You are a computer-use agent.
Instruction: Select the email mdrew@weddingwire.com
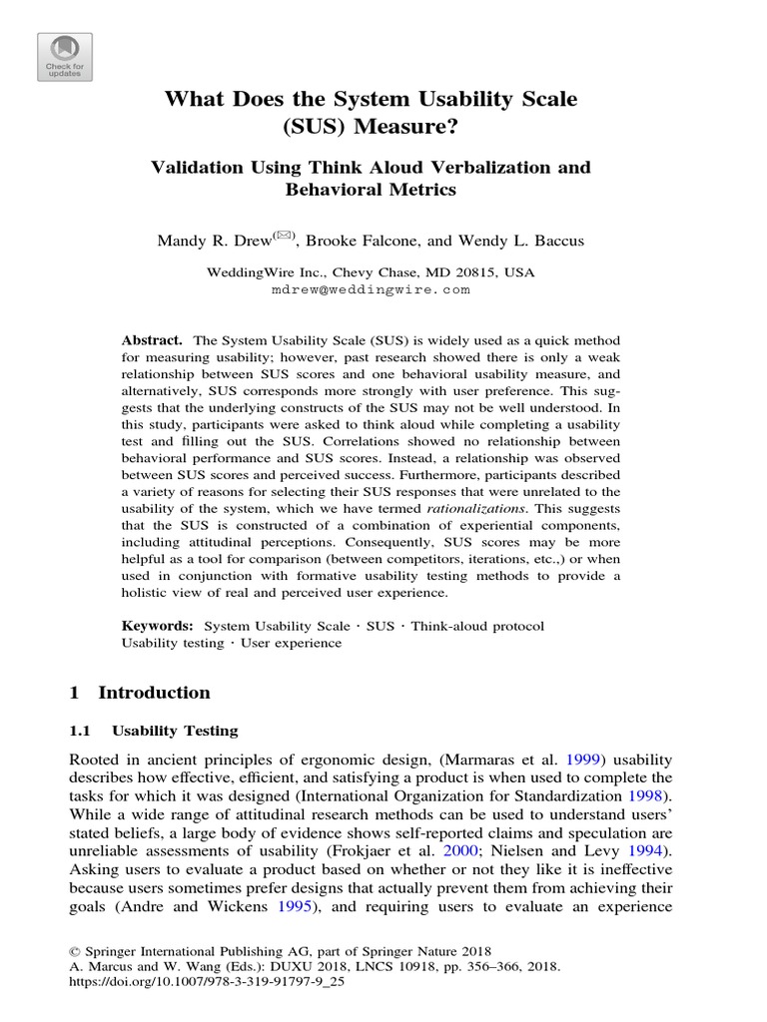click(x=370, y=289)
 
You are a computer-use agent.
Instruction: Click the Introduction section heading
click(x=154, y=693)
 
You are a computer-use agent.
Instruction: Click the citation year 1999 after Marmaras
click(x=584, y=758)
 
